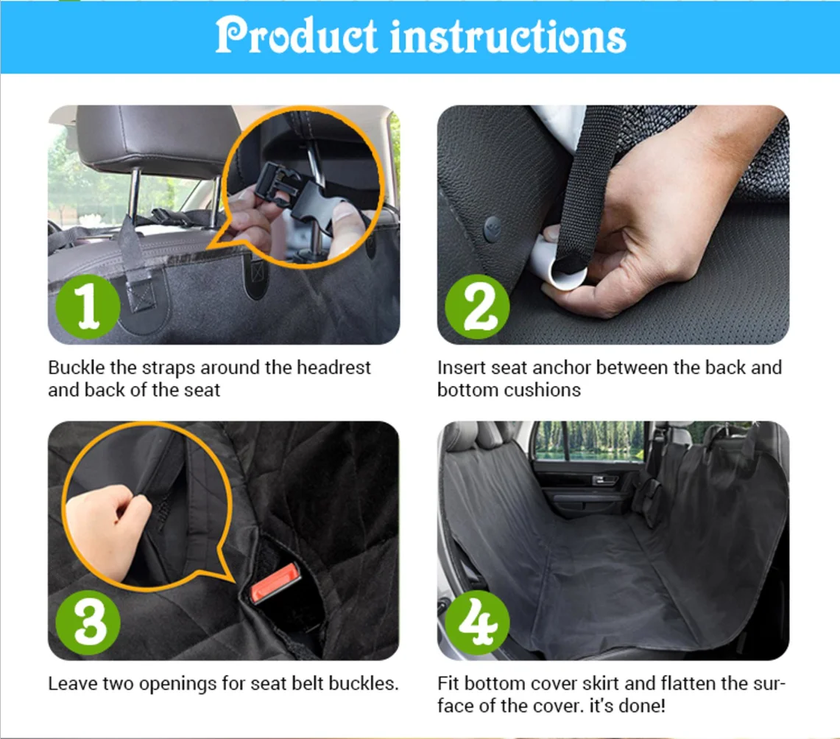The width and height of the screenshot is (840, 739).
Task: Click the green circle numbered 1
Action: (88, 307)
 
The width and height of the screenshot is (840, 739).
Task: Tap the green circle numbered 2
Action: (477, 307)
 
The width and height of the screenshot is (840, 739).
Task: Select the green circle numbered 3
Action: (88, 622)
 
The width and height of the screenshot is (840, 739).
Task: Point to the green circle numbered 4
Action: (477, 622)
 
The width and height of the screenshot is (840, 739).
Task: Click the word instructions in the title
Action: (508, 37)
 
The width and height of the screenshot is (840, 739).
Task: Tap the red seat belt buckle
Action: (275, 583)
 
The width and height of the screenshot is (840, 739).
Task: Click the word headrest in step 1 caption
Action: (333, 368)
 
